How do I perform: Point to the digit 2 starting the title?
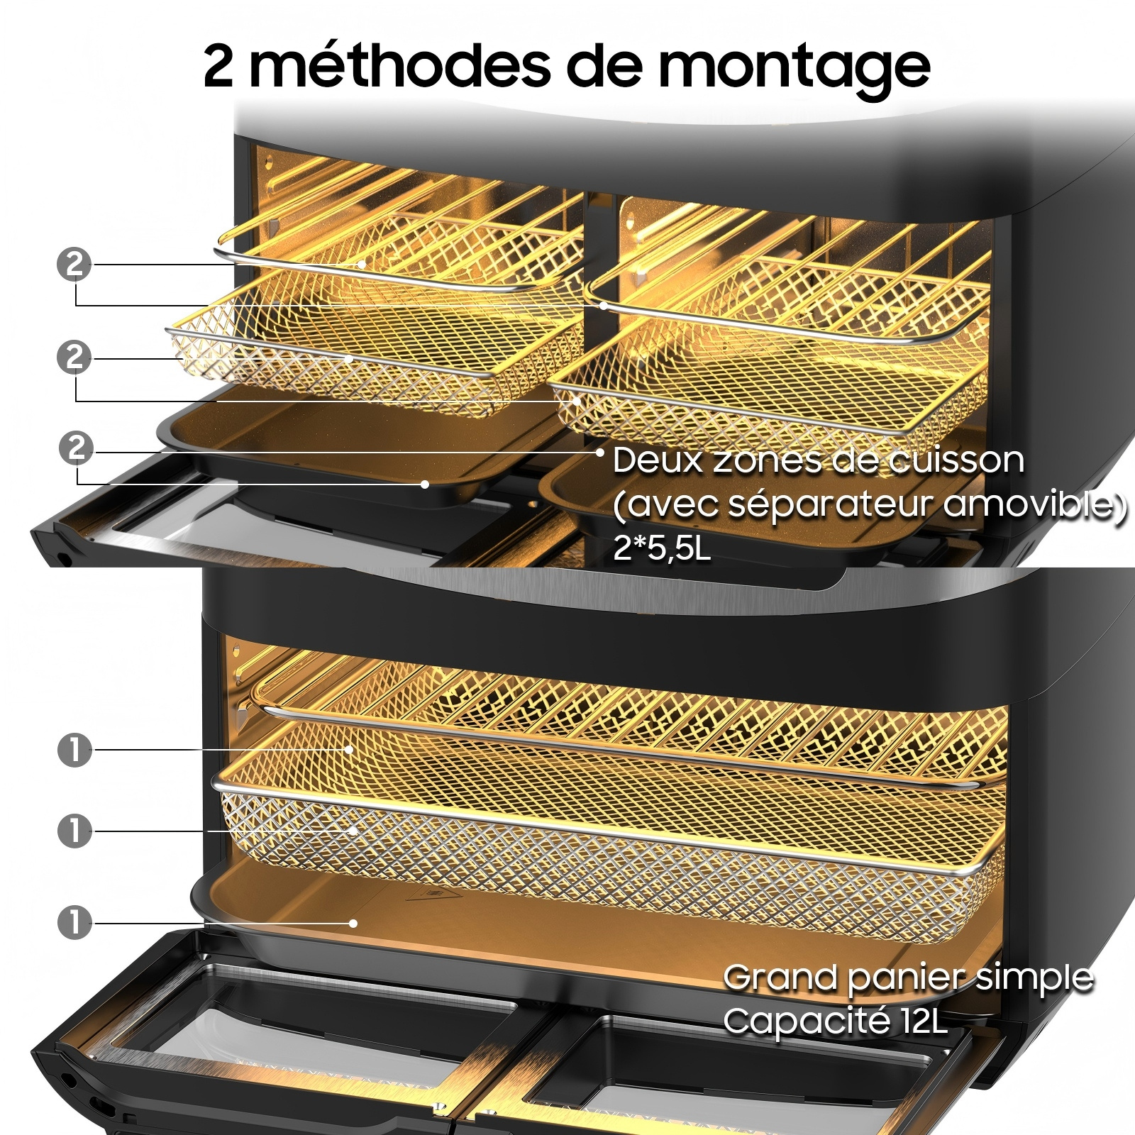point(218,66)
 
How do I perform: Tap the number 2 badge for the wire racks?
point(74,265)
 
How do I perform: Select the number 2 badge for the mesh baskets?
point(74,357)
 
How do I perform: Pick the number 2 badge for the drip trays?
point(77,448)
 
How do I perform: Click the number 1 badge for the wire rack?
point(74,750)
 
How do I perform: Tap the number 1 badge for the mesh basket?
point(74,831)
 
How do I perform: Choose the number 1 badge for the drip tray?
point(74,923)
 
